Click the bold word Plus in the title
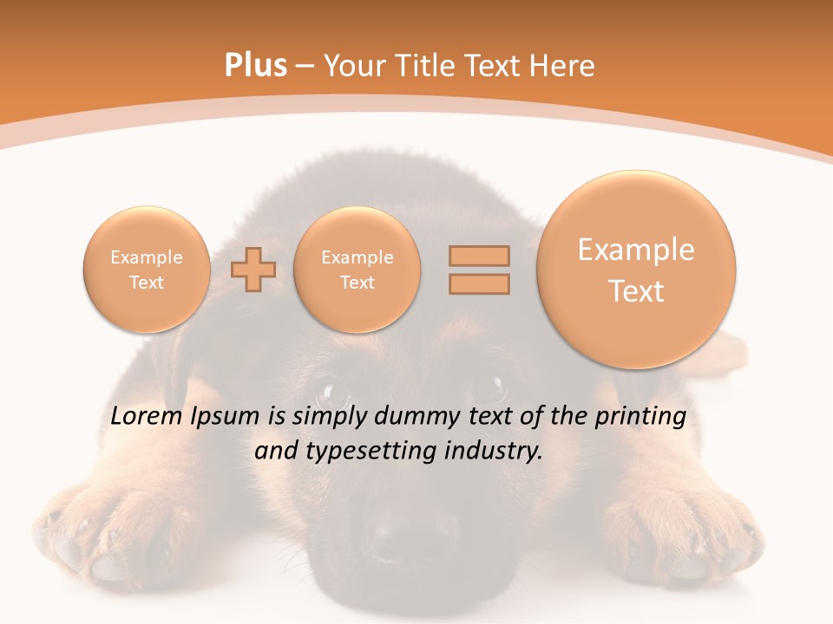[255, 66]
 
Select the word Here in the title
[563, 66]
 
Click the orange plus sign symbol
[253, 270]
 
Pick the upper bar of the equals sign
[479, 256]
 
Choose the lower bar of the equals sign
[479, 283]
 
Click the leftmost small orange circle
[147, 270]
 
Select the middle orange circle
[357, 270]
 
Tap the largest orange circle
[636, 270]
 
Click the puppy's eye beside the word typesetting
[331, 388]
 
